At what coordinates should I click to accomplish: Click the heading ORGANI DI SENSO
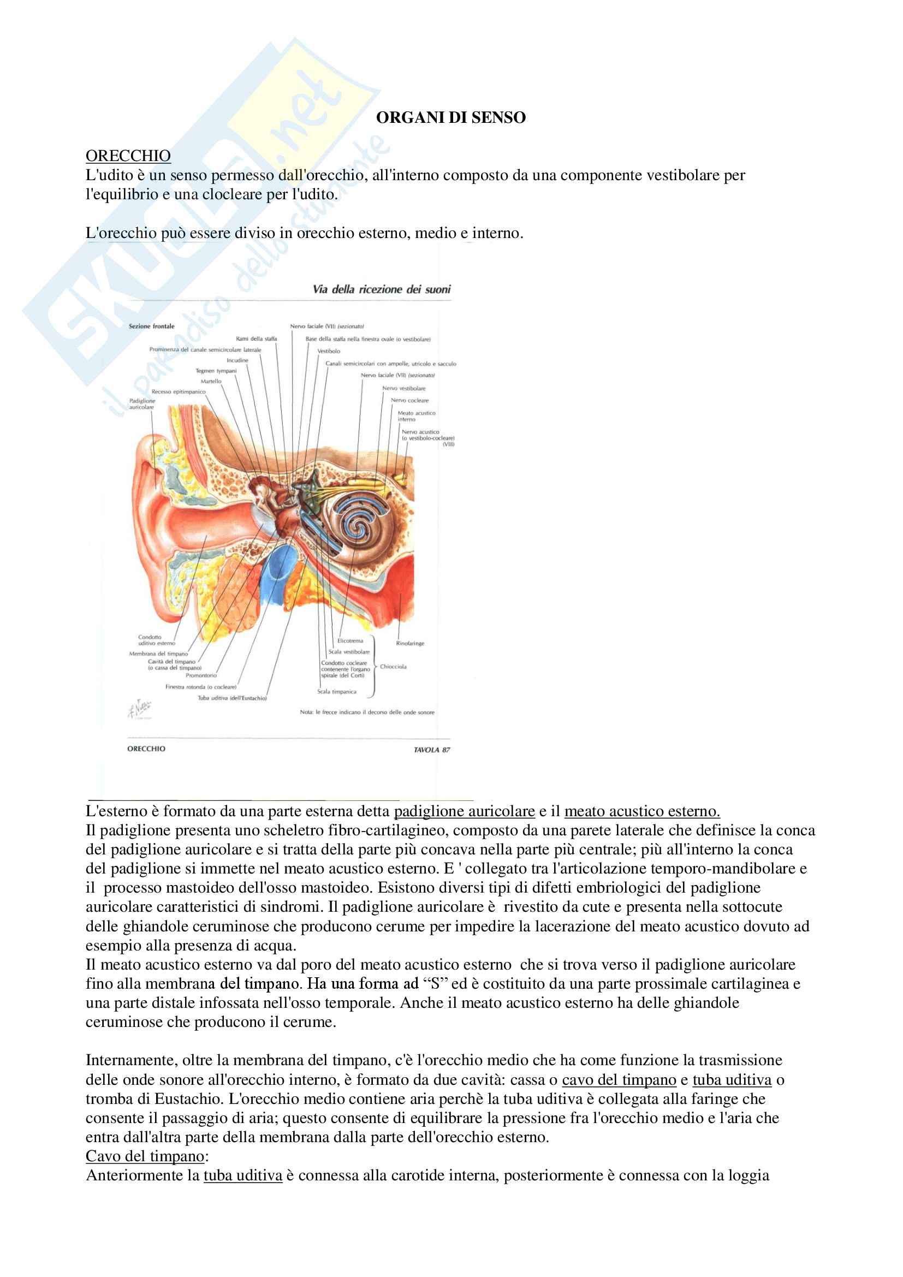coord(450,117)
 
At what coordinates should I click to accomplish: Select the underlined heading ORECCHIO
coord(128,156)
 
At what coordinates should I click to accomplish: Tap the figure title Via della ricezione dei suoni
coord(382,289)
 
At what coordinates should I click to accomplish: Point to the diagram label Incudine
coord(237,360)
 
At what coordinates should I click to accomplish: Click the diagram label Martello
coord(211,382)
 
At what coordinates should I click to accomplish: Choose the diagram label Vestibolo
coord(329,351)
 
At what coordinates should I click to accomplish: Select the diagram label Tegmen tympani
coord(216,371)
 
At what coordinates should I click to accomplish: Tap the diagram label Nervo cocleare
coord(409,400)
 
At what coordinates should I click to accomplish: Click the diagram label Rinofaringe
coord(410,644)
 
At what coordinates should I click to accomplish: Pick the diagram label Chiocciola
coord(393,666)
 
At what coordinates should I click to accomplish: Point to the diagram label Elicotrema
coord(350,641)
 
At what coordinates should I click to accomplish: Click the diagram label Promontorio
coord(201,675)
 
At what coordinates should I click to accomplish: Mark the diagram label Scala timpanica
coord(336,692)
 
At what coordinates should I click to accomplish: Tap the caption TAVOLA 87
coord(431,750)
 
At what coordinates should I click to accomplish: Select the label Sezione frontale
coord(151,326)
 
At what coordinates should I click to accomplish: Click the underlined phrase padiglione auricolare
coord(464,811)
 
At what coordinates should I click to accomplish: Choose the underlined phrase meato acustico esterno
coord(641,811)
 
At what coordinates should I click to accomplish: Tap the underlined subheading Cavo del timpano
coord(145,1156)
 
